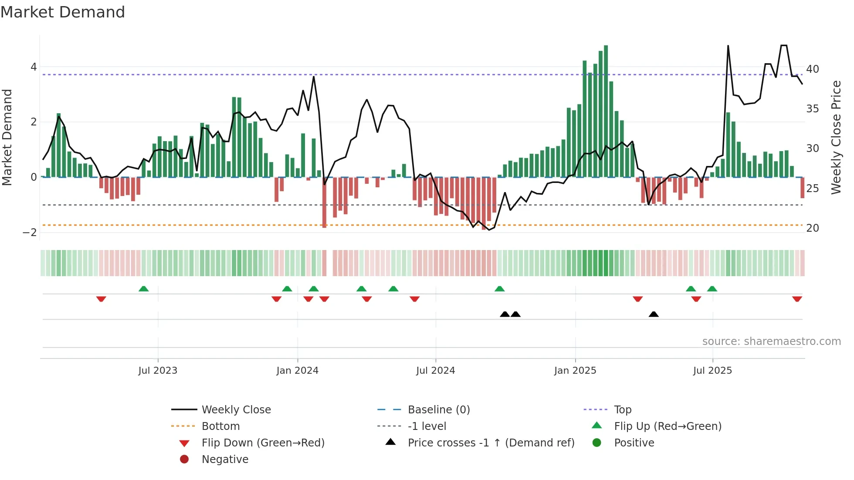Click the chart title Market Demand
(x=63, y=12)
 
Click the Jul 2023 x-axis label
(x=158, y=371)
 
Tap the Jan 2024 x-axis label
(x=297, y=371)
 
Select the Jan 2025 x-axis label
(x=575, y=371)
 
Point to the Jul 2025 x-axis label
(x=712, y=371)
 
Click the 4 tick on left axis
(x=34, y=67)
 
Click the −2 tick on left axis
(x=30, y=232)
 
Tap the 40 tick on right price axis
(x=812, y=69)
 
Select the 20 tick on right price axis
(x=812, y=228)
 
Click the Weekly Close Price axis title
(x=836, y=137)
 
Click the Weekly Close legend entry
(x=236, y=410)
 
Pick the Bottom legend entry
(x=220, y=426)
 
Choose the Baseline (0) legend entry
(x=438, y=410)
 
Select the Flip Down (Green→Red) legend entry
(x=263, y=443)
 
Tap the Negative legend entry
(x=225, y=460)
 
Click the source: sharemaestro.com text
(x=771, y=341)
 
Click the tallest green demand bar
(x=606, y=111)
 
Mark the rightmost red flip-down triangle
(x=797, y=299)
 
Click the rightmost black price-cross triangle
(x=654, y=314)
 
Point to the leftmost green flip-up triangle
(x=143, y=289)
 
